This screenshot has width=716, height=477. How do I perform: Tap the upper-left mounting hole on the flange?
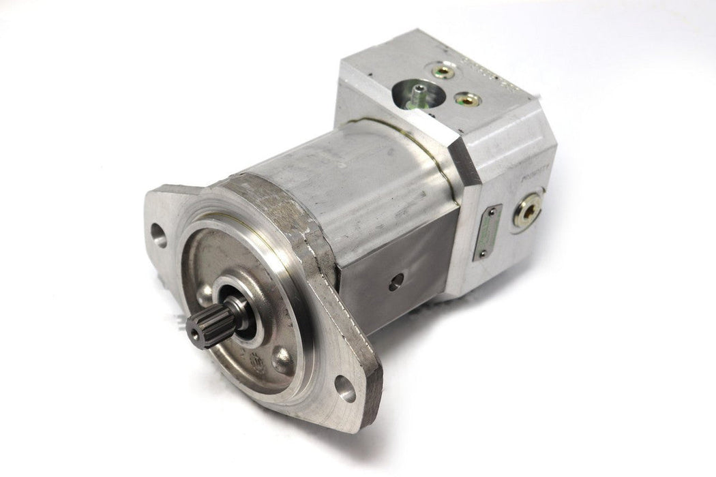coord(159,236)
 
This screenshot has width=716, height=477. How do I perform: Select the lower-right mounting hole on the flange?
coord(345,388)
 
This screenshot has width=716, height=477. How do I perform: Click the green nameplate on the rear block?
coord(488,232)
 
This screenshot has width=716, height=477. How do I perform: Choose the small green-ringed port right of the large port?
coord(468,99)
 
